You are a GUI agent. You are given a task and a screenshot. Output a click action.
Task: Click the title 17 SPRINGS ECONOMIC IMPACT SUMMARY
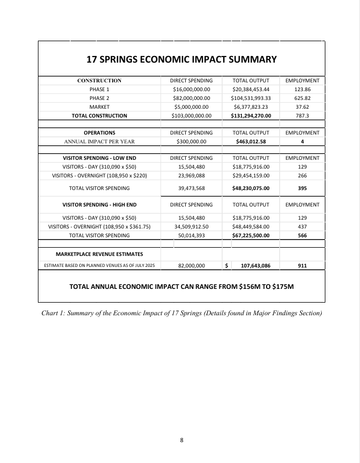181,59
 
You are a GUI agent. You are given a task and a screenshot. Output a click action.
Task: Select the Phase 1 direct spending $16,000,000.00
191,89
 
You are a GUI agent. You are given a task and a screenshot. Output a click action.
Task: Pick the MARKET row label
99,107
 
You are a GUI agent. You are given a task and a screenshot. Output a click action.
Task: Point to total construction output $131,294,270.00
251,116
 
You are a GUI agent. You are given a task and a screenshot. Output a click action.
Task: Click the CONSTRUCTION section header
99,81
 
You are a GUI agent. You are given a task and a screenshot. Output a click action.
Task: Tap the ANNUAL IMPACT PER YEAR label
99,141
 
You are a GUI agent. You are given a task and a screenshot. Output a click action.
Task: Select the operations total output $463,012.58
251,141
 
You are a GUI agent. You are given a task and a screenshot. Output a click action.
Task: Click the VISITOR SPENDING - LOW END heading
99,158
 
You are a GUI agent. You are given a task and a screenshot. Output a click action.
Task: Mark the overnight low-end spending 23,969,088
191,176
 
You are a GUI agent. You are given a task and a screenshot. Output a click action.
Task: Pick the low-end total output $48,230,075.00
251,188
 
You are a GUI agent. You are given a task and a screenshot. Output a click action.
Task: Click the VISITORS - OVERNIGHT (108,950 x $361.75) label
99,226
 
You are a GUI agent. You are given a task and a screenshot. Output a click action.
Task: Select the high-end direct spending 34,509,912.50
191,226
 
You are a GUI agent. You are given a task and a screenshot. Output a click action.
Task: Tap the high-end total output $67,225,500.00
251,235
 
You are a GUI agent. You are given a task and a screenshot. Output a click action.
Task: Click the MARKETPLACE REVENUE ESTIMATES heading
99,254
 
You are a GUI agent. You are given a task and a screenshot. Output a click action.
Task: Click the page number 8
181,440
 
